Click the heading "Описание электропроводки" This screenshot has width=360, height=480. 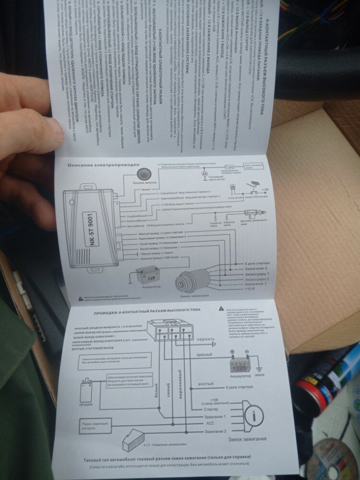[103, 165]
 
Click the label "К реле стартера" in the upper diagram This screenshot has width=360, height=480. [261, 264]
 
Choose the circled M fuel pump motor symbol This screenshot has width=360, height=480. [204, 173]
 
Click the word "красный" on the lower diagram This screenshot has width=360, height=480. [204, 354]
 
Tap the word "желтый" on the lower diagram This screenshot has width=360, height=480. [205, 384]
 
